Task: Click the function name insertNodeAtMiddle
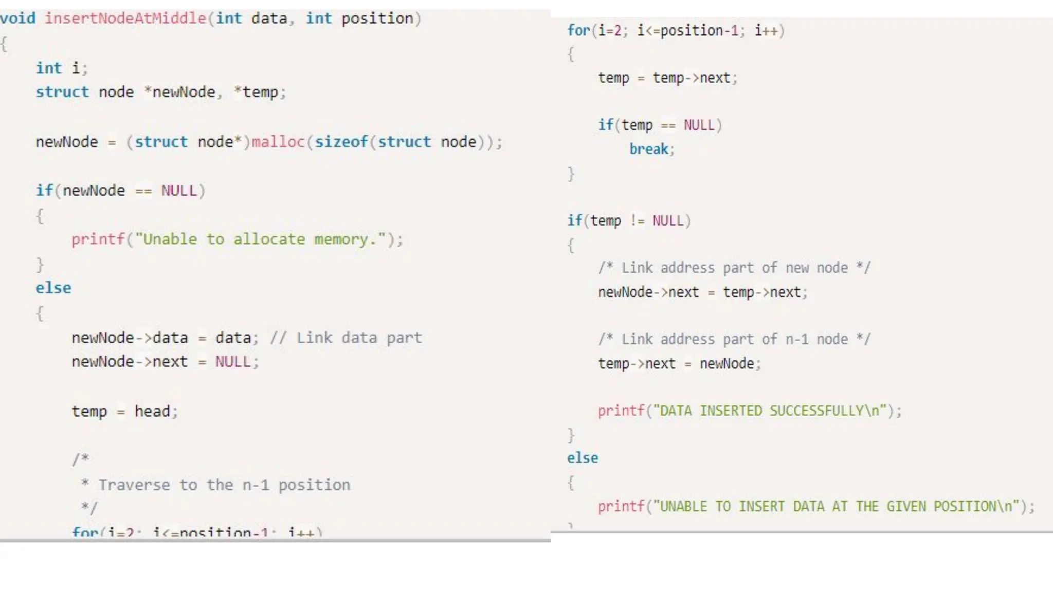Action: pyautogui.click(x=125, y=18)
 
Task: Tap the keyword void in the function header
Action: pyautogui.click(x=18, y=18)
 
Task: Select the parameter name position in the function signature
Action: pyautogui.click(x=377, y=18)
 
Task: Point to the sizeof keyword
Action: pyautogui.click(x=341, y=142)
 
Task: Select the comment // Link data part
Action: pyautogui.click(x=346, y=338)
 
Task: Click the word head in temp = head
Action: pyautogui.click(x=152, y=412)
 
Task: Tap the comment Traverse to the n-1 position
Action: pyautogui.click(x=224, y=485)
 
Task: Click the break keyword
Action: pyautogui.click(x=649, y=150)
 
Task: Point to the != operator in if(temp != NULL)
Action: pyautogui.click(x=637, y=221)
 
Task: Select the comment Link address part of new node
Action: pyautogui.click(x=734, y=268)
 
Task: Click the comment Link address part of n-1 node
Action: pyautogui.click(x=734, y=340)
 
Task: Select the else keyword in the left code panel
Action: pyautogui.click(x=53, y=288)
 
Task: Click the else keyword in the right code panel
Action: pyautogui.click(x=583, y=458)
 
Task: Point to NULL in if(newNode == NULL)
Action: pyautogui.click(x=179, y=191)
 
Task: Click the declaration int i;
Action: pyautogui.click(x=62, y=68)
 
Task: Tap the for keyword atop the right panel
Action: pyautogui.click(x=578, y=31)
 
